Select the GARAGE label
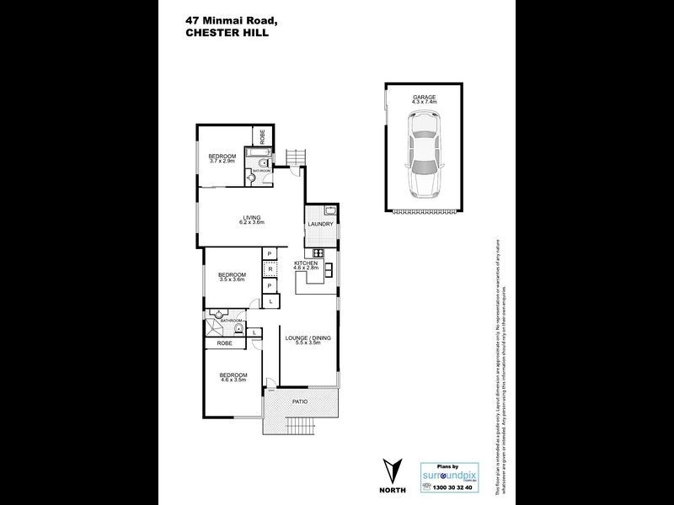[x=424, y=98]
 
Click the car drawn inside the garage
[x=424, y=157]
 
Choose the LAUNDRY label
[x=321, y=225]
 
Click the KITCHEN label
[x=306, y=264]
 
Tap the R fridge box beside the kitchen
[x=270, y=269]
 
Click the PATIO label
[x=300, y=401]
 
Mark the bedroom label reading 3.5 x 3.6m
[x=232, y=275]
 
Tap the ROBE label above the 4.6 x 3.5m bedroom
[x=224, y=343]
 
